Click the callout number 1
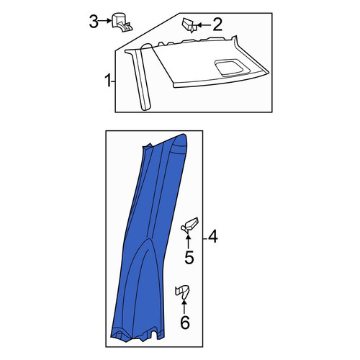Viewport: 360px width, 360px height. pos(108,81)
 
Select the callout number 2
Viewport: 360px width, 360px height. pos(217,24)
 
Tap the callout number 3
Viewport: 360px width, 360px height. pos(94,22)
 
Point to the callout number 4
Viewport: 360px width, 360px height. pos(213,236)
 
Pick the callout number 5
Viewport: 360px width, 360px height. pos(189,258)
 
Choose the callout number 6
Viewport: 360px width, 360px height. pos(185,323)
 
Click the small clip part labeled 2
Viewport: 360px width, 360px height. pos(189,25)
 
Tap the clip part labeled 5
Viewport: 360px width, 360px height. pos(189,225)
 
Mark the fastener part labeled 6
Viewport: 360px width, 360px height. pos(182,292)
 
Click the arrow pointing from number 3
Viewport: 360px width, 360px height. pos(105,21)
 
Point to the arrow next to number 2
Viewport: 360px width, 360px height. pos(204,24)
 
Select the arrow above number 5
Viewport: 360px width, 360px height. pos(188,242)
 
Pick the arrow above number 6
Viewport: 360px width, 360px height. pos(184,307)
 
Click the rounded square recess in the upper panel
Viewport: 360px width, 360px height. pos(230,68)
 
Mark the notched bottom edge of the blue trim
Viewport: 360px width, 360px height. pos(138,335)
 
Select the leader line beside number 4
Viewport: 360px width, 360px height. pos(205,238)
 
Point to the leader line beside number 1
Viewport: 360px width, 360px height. pos(114,82)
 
